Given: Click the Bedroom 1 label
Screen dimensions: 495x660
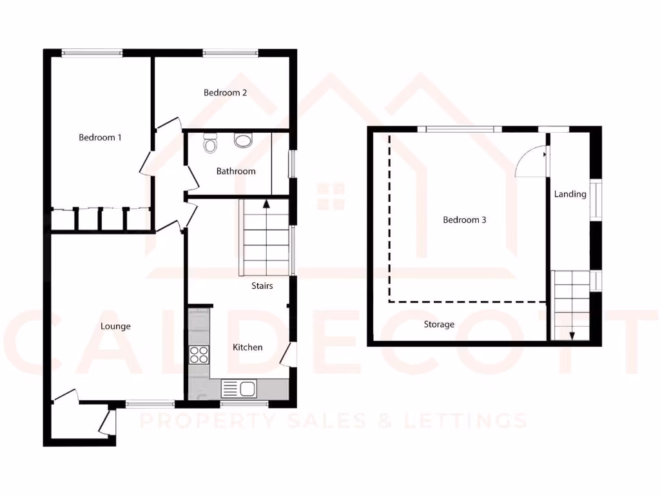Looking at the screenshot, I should (100, 137).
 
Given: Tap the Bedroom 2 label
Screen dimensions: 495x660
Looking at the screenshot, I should (225, 93).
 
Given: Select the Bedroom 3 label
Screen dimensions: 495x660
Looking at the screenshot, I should (464, 220).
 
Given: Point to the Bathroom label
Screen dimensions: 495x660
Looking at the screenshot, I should (235, 171).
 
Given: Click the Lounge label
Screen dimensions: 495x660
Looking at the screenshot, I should (115, 326).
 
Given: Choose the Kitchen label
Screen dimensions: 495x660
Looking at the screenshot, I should (247, 347).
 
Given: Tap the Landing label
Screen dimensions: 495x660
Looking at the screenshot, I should (570, 194).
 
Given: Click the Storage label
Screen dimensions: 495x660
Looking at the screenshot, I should (439, 324).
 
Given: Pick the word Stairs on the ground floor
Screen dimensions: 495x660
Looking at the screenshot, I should (262, 286).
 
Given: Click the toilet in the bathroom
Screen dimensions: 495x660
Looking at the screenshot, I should (209, 142).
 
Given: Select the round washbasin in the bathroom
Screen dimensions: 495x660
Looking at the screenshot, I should (243, 140).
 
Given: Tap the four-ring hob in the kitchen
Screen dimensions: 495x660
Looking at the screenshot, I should (199, 354).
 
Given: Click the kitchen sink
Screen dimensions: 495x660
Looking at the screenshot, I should (239, 389).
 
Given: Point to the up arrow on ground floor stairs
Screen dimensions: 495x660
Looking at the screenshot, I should (265, 205).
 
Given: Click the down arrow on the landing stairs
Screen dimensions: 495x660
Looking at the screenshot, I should (571, 335).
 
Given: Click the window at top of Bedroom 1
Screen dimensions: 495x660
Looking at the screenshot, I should (92, 53).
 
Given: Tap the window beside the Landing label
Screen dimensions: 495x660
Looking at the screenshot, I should (596, 202).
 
